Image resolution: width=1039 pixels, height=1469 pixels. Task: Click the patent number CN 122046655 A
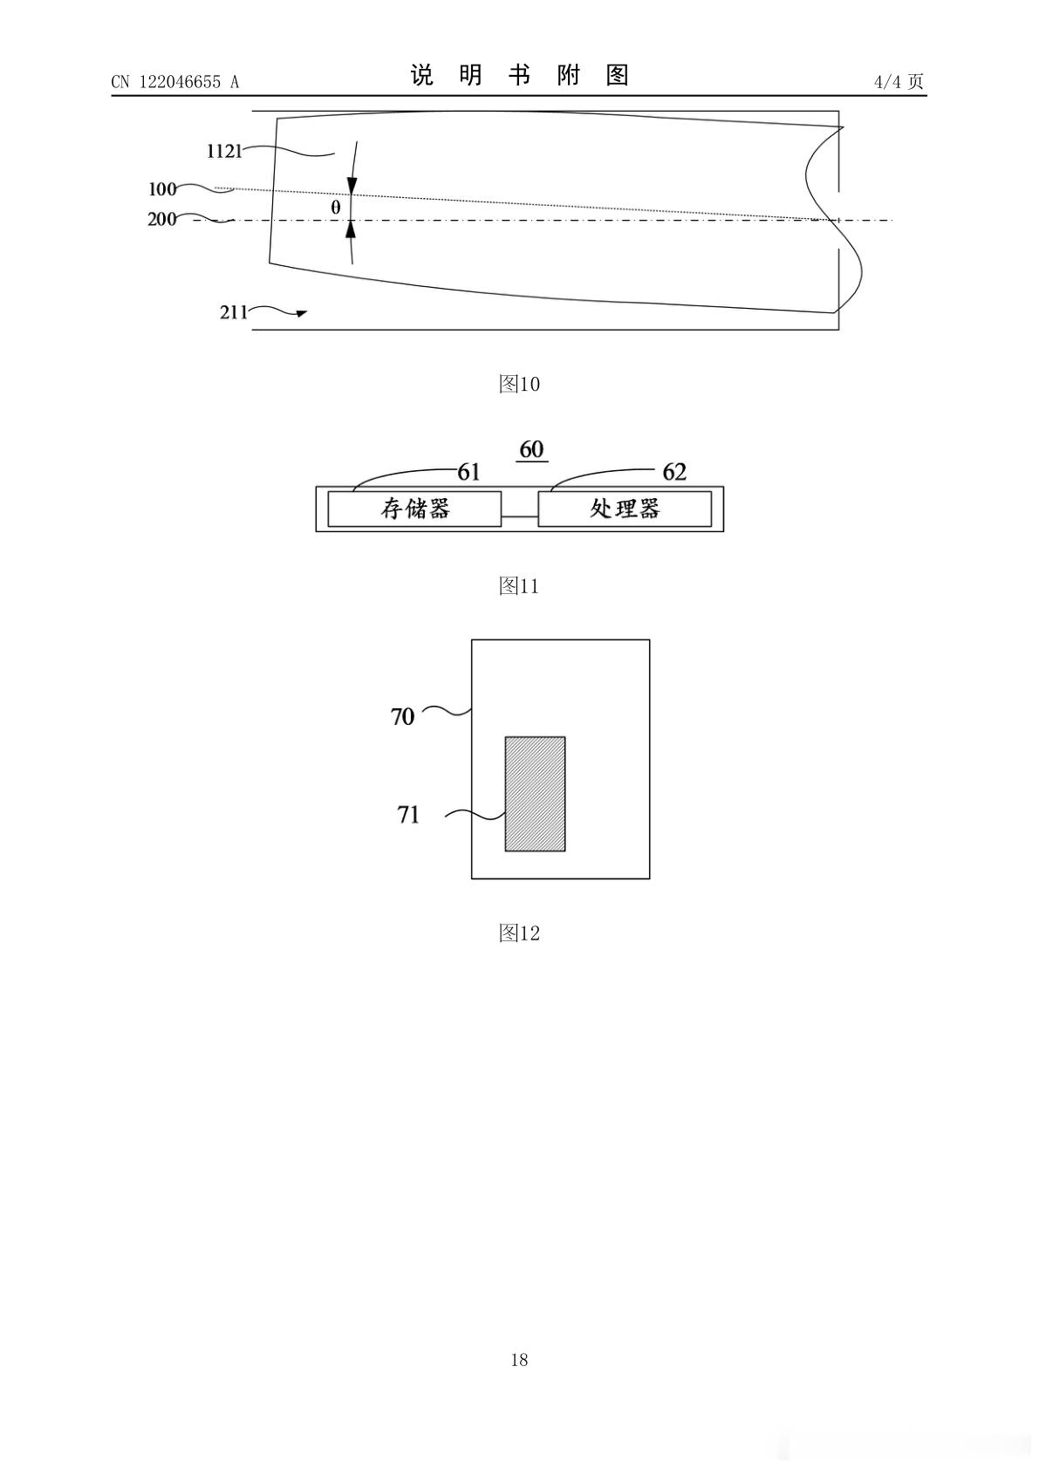click(x=175, y=82)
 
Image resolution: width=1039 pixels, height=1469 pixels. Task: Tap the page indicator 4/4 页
click(x=899, y=81)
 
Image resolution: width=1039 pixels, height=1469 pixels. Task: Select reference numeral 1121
click(x=224, y=152)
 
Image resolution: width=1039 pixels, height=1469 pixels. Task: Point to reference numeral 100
click(x=162, y=189)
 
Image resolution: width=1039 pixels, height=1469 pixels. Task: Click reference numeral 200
click(x=161, y=219)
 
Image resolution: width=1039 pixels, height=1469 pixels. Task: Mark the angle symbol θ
click(x=335, y=208)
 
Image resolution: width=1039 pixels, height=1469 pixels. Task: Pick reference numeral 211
click(x=234, y=312)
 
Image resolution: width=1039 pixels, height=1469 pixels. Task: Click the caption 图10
click(x=519, y=384)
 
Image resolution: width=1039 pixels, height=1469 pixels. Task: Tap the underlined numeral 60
click(x=531, y=450)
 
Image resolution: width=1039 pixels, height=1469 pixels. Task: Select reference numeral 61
click(x=468, y=472)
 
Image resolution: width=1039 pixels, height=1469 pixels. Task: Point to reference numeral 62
click(x=674, y=472)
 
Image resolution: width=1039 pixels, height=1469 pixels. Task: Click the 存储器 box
click(x=414, y=509)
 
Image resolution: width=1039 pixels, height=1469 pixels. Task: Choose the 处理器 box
click(x=625, y=509)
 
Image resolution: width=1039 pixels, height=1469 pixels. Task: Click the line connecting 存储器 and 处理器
click(x=520, y=517)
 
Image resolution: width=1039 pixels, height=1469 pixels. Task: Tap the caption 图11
click(x=519, y=585)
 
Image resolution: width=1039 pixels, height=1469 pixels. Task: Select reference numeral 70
click(x=402, y=717)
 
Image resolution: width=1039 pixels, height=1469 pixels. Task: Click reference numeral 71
click(x=408, y=815)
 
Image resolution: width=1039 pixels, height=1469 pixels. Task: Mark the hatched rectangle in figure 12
click(x=535, y=794)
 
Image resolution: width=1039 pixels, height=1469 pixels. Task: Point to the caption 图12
click(x=519, y=933)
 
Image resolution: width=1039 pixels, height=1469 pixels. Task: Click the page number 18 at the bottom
click(x=519, y=1360)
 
